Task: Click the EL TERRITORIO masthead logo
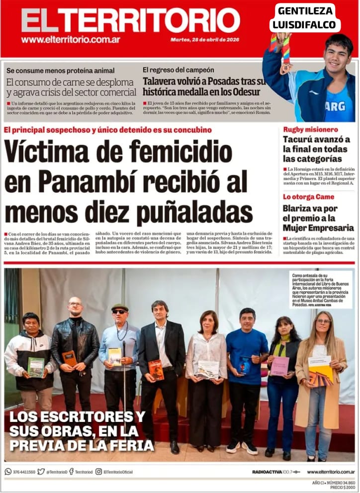pos(130,21)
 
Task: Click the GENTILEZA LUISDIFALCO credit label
pos(305,18)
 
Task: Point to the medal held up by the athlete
pos(285,68)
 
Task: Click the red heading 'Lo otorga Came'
pos(308,197)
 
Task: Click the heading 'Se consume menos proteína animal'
pos(60,71)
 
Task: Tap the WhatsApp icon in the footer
pos(8,472)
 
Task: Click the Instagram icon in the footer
pos(99,472)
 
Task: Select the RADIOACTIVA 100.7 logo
pos(275,472)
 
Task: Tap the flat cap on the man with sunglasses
pos(119,307)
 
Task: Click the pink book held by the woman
pos(279,366)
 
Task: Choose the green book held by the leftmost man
pos(36,367)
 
